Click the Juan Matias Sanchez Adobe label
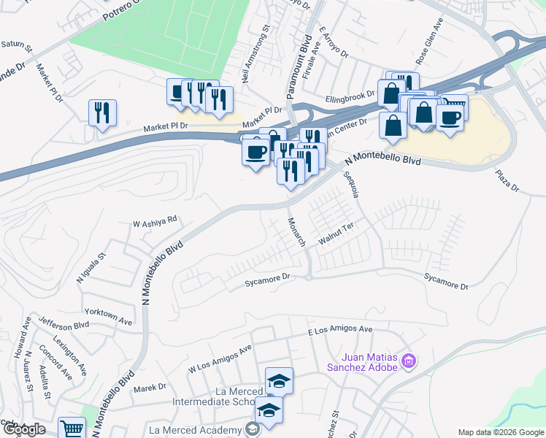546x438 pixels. [x=369, y=361]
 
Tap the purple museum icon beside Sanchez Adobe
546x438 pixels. [x=409, y=361]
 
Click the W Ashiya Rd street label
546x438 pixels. [x=155, y=220]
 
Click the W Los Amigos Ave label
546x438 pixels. [x=220, y=358]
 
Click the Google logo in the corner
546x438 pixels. [x=24, y=429]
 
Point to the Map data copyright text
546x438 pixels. [x=501, y=432]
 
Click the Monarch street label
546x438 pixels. [x=296, y=231]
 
